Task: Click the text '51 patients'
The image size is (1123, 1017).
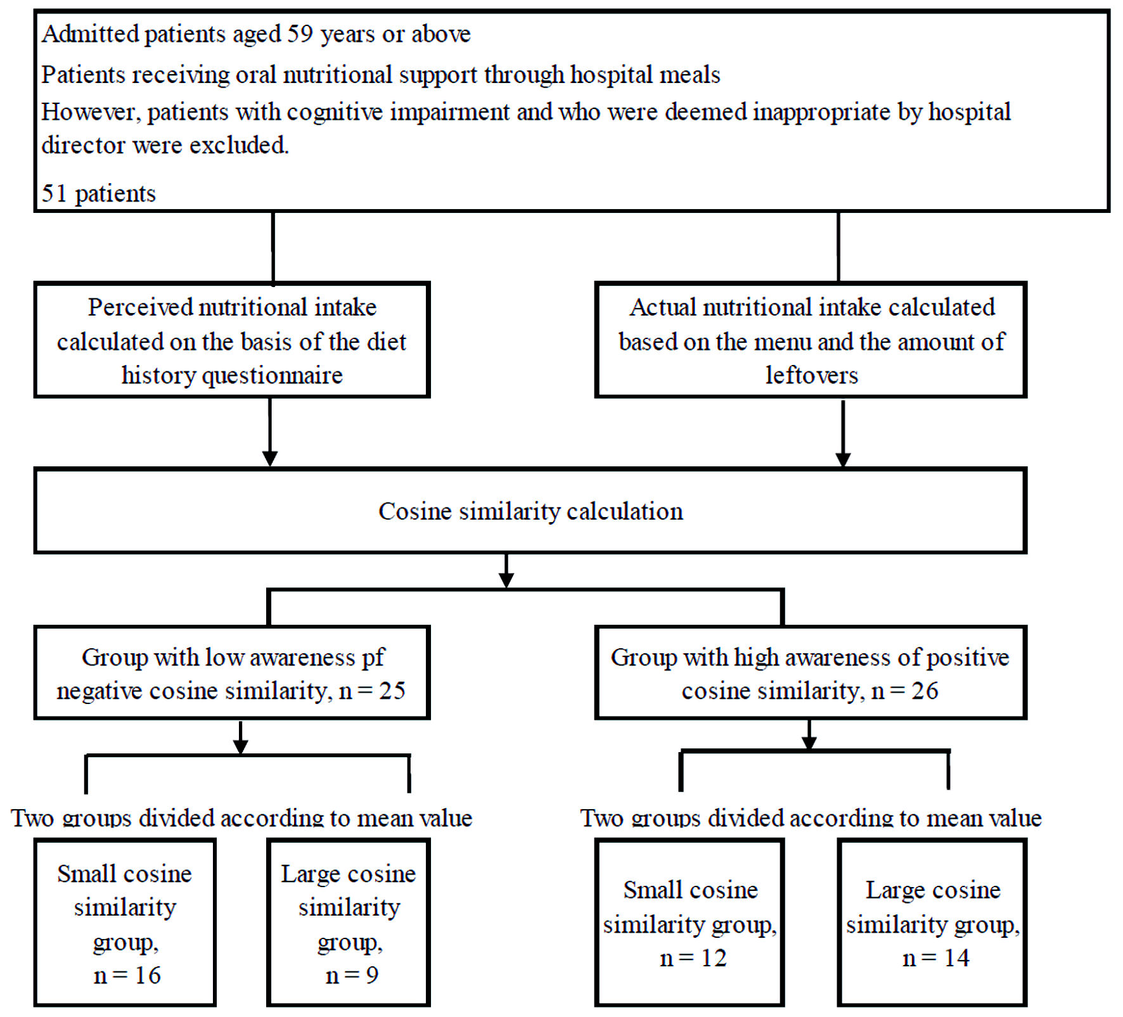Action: (98, 194)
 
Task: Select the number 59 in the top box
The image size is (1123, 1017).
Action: (300, 34)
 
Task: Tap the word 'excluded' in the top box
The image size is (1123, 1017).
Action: (239, 145)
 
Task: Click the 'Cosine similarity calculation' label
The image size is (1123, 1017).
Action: (530, 511)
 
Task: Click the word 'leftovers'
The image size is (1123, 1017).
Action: (811, 375)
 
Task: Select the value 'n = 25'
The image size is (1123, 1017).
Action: (372, 691)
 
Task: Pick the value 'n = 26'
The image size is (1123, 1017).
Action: (905, 691)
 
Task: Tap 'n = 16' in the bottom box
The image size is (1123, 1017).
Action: (127, 975)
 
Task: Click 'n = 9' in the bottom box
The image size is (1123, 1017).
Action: (352, 975)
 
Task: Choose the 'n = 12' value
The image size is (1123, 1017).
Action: (693, 958)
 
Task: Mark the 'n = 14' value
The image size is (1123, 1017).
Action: (935, 958)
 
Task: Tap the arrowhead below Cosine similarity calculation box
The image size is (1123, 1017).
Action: (506, 580)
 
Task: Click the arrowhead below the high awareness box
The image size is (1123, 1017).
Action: (809, 743)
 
